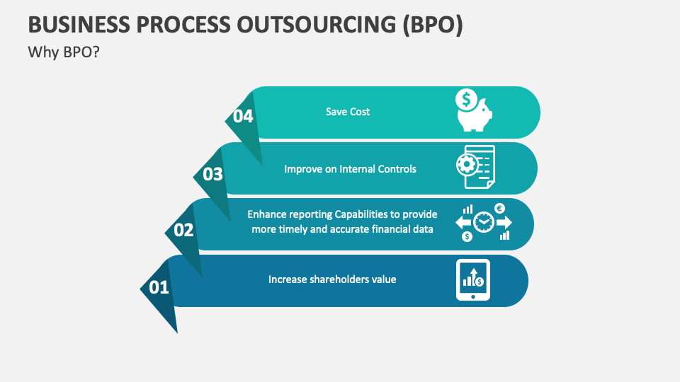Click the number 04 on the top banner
[x=243, y=117]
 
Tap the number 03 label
[x=212, y=174]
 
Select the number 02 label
[x=183, y=230]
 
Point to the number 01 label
[x=159, y=288]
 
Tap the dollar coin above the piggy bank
[x=466, y=100]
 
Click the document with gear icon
[x=475, y=168]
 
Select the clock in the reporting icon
[x=484, y=222]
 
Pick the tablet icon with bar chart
[x=472, y=279]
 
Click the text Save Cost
[x=348, y=112]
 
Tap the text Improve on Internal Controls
[x=350, y=169]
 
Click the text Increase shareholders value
[x=332, y=279]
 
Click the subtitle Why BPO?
[x=63, y=52]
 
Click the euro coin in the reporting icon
[x=499, y=209]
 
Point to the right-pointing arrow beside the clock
[x=504, y=222]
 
